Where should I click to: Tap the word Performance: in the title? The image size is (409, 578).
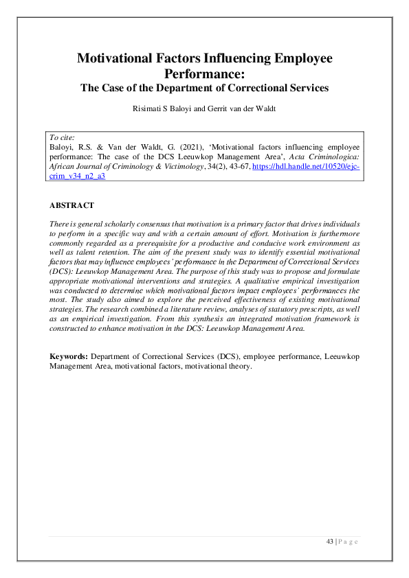coord(204,74)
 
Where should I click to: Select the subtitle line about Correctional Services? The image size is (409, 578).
coord(204,88)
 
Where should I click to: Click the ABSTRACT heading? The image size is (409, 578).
coord(72,205)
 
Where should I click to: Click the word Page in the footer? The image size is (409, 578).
coord(349,542)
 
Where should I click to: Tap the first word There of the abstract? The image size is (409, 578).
coord(58,224)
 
